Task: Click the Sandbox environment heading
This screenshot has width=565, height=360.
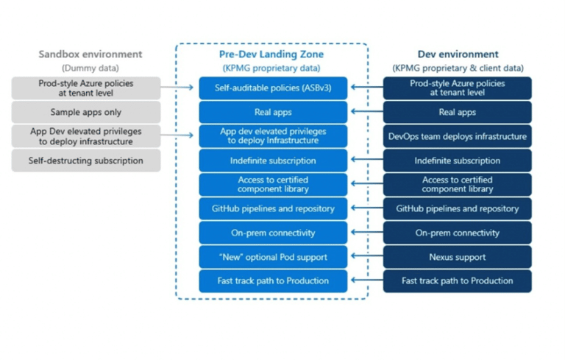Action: (x=86, y=54)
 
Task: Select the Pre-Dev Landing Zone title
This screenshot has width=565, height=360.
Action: (x=271, y=54)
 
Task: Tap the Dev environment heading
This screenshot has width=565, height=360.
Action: (x=458, y=54)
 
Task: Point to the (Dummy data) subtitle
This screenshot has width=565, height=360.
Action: (x=86, y=68)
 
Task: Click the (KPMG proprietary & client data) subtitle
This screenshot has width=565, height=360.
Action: (x=458, y=68)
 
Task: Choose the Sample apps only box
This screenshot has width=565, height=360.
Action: (x=86, y=113)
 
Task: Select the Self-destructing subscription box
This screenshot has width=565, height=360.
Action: (x=86, y=160)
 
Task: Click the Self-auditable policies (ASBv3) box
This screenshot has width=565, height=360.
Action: (x=272, y=88)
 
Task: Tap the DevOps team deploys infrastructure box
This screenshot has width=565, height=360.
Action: (x=458, y=136)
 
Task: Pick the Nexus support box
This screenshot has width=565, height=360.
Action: (x=458, y=257)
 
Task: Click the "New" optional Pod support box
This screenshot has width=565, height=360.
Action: (x=272, y=257)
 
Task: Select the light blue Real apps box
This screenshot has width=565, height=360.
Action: (x=272, y=113)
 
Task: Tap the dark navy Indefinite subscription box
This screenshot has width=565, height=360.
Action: (x=458, y=160)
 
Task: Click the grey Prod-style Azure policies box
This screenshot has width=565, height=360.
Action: (x=86, y=88)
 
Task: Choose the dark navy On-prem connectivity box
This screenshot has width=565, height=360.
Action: (x=458, y=233)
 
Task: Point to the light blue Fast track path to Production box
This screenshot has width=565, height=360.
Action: (x=272, y=280)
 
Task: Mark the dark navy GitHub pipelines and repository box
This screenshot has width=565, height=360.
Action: (x=458, y=208)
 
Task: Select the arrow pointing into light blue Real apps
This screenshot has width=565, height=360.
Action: (x=365, y=113)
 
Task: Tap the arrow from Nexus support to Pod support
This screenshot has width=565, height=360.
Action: (x=365, y=257)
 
